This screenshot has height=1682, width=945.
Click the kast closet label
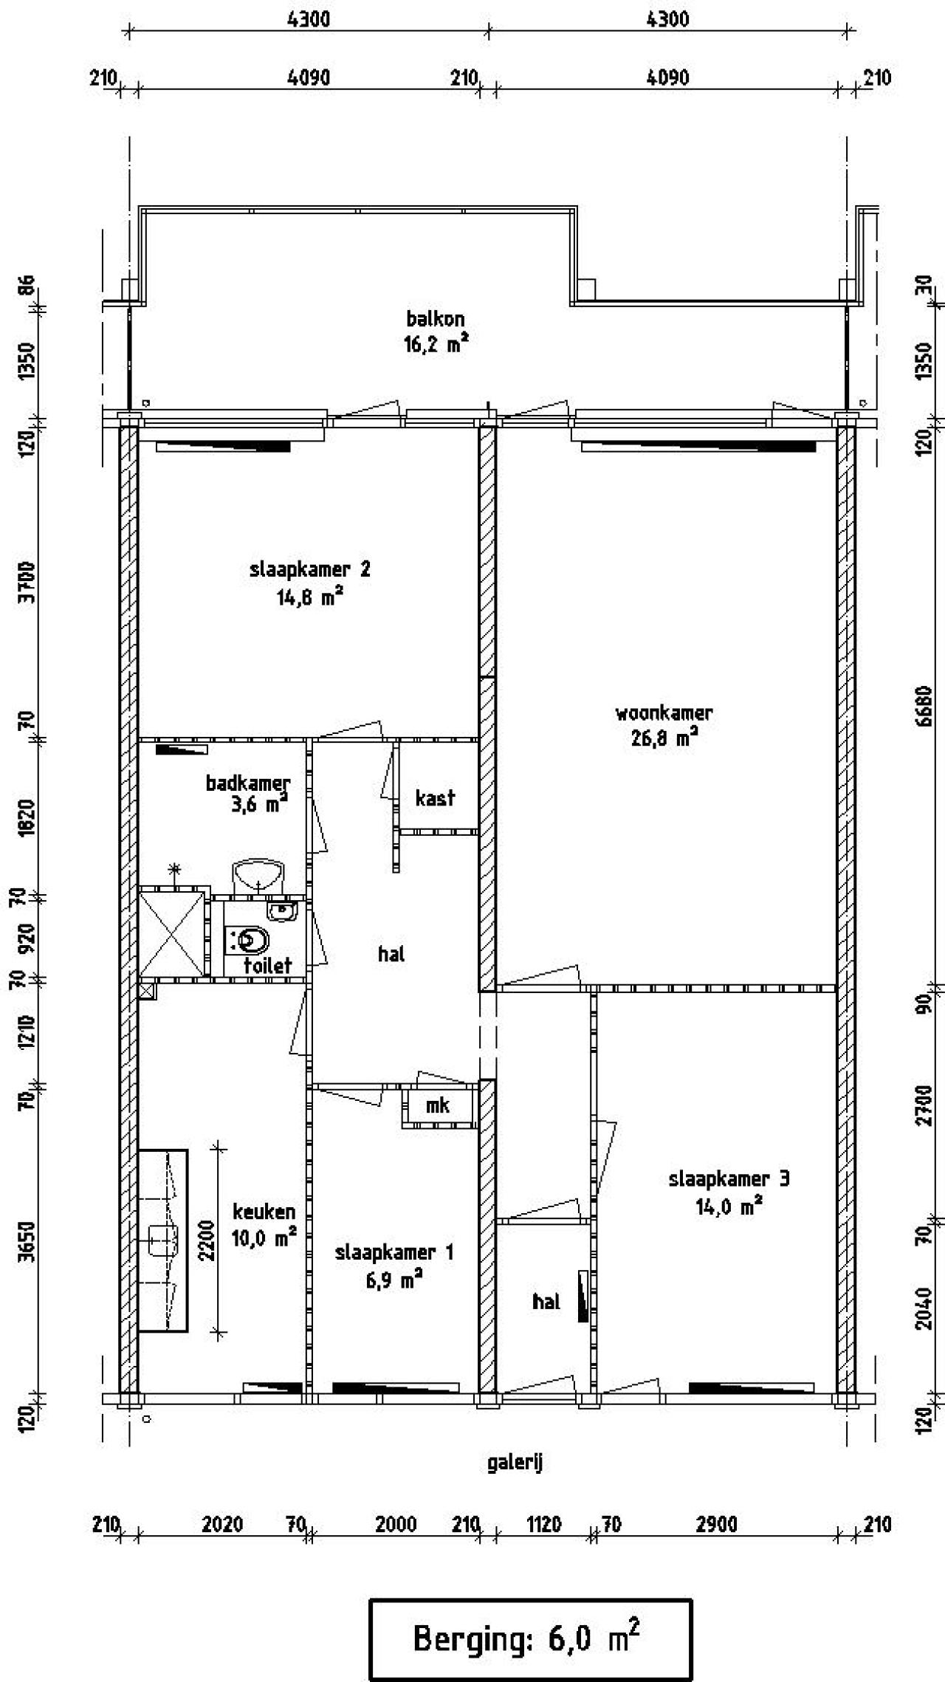click(435, 797)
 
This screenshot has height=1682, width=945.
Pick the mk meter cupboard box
click(439, 1105)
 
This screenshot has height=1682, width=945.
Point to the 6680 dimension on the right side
click(923, 707)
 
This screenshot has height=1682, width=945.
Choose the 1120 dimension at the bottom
click(543, 1524)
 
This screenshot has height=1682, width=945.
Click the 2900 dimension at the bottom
click(716, 1524)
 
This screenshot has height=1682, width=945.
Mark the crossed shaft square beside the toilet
click(171, 935)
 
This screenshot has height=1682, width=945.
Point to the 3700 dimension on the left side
click(27, 582)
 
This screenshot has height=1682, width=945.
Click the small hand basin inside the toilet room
click(281, 912)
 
